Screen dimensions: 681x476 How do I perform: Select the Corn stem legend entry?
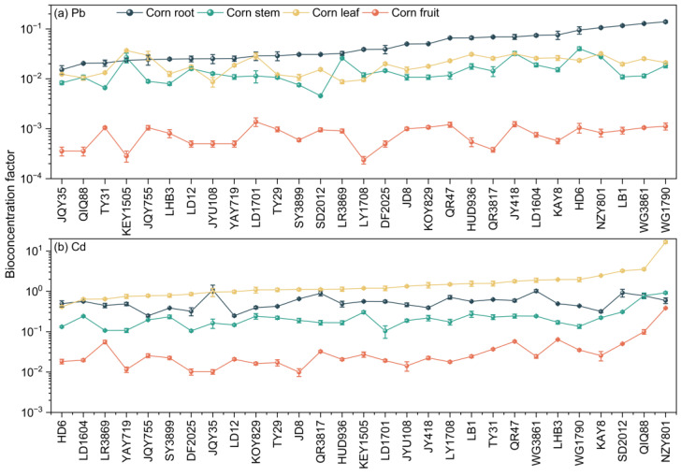239,12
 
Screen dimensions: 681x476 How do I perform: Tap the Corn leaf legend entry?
322,12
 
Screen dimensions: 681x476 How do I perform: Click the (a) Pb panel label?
69,13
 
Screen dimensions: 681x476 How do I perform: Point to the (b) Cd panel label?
69,247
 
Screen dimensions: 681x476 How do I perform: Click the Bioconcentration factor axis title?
10,214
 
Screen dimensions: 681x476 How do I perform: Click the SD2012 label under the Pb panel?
321,208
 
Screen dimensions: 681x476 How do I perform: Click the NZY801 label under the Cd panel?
665,441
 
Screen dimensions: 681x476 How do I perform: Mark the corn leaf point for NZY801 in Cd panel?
665,242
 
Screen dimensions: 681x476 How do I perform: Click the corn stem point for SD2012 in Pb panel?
321,95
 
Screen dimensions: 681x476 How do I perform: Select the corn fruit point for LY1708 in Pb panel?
364,160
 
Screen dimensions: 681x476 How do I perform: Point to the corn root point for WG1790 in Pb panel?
665,22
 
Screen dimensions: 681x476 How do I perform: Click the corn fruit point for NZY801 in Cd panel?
665,308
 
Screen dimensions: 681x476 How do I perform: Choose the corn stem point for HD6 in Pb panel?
579,49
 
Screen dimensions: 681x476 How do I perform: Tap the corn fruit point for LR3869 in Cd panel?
105,341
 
